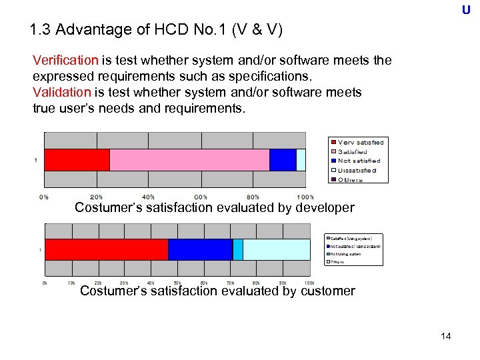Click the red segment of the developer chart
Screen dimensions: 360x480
pyautogui.click(x=77, y=160)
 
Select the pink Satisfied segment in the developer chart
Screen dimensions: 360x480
pyautogui.click(x=189, y=160)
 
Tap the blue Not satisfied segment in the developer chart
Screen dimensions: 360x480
pyautogui.click(x=283, y=160)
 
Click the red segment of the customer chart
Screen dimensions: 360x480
pyautogui.click(x=106, y=249)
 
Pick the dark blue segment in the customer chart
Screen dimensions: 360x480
pyautogui.click(x=200, y=249)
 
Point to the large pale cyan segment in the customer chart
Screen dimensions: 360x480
pyautogui.click(x=276, y=249)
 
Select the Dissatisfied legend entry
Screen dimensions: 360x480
pyautogui.click(x=357, y=170)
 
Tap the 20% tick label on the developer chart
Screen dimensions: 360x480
pyautogui.click(x=97, y=197)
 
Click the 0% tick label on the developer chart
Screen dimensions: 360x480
pyautogui.click(x=44, y=197)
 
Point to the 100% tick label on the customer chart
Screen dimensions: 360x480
pyautogui.click(x=309, y=283)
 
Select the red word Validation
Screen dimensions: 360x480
pyautogui.click(x=61, y=92)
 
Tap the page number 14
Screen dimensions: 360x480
pyautogui.click(x=446, y=336)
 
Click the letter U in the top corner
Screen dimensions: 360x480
pyautogui.click(x=465, y=10)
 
